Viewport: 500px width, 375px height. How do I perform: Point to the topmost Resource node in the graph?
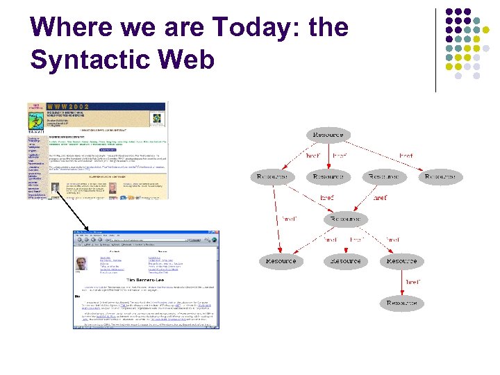pos(328,135)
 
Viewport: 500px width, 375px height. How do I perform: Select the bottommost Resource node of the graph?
pos(401,303)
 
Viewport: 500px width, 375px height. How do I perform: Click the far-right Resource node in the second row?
pos(440,177)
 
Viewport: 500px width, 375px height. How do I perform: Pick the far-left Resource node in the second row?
pos(272,177)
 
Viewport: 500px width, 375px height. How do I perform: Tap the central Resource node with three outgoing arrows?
pos(345,219)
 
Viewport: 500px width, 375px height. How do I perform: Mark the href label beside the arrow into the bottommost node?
pos(412,282)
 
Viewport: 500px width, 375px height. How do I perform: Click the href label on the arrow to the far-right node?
pos(406,156)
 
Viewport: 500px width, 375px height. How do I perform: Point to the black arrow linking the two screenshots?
pos(70,212)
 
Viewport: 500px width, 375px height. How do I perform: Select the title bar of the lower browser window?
pos(146,233)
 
